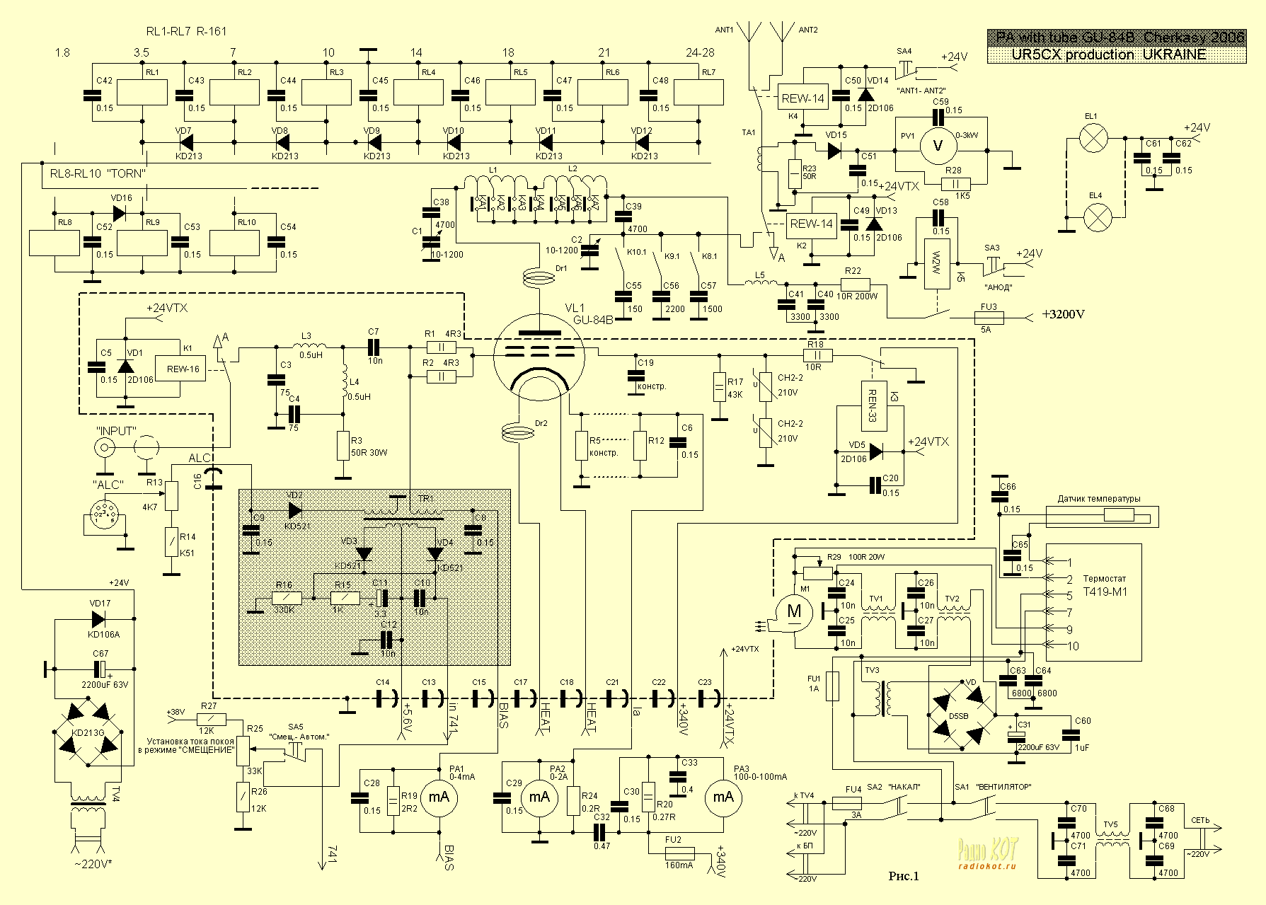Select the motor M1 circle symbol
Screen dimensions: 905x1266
pos(794,611)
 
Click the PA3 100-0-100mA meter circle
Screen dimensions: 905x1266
pos(723,797)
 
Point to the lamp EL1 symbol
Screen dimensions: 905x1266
pos(1095,139)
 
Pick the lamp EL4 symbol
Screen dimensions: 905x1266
pos(1095,214)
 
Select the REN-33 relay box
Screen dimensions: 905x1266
pos(873,405)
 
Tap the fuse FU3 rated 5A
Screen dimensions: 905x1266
pos(989,317)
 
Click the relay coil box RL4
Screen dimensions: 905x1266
pos(418,93)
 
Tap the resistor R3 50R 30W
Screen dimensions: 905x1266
pos(343,444)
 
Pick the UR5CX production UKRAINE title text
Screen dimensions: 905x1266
pos(1115,54)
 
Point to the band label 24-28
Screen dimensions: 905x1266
pos(700,53)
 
